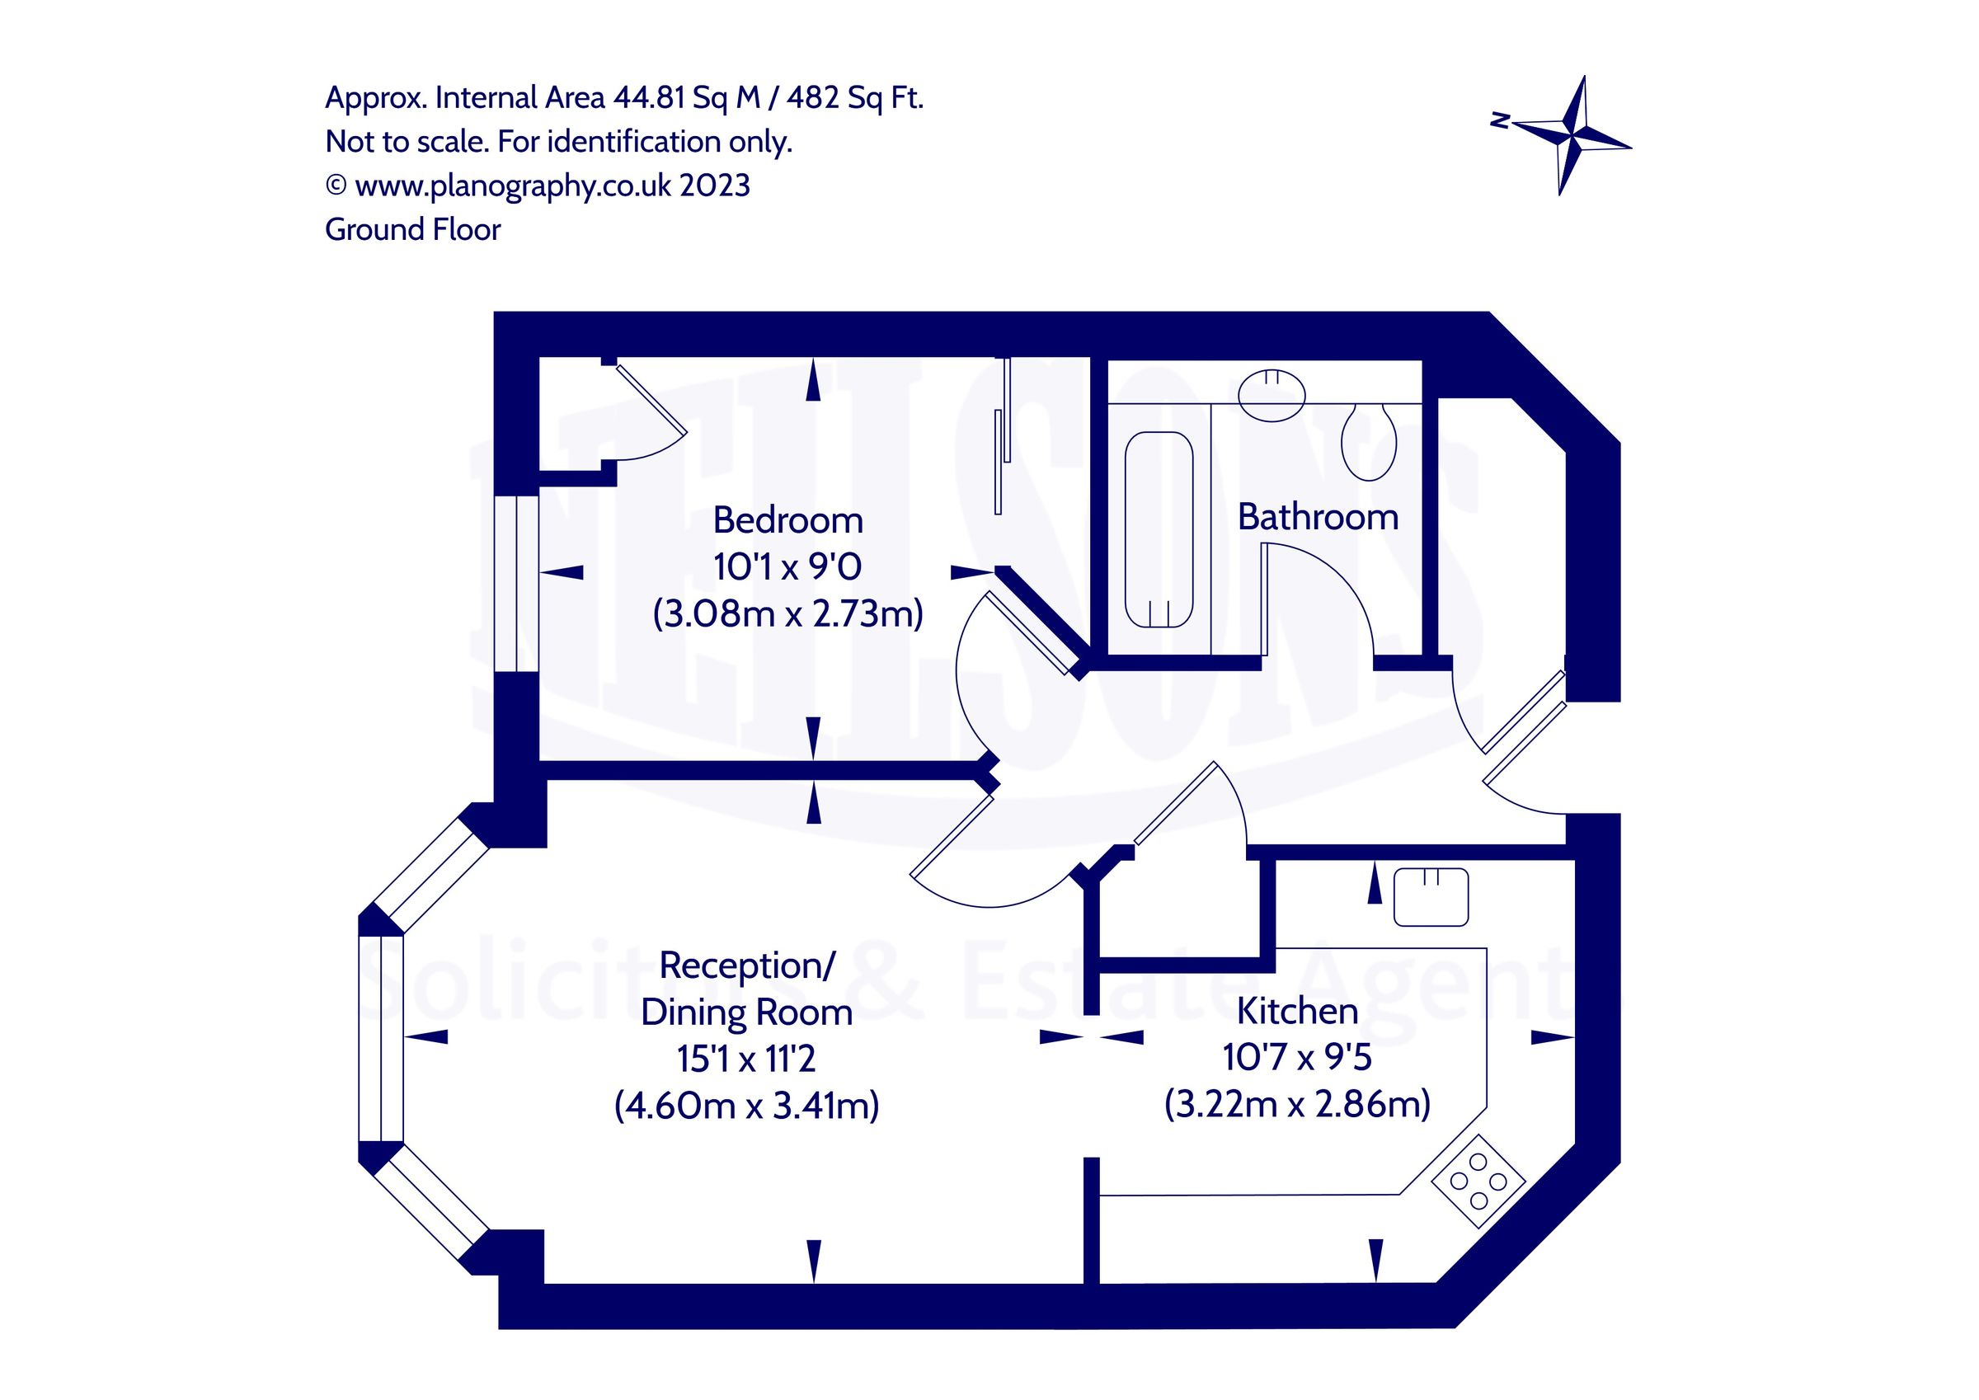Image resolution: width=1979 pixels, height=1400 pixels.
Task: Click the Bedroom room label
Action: coord(787,521)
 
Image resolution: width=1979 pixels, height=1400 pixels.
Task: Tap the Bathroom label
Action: coord(1317,517)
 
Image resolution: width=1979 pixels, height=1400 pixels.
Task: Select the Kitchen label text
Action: coord(1296,1011)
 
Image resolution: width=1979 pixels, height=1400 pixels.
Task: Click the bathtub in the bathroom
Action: coord(1159,529)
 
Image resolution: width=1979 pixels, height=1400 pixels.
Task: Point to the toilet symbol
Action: coord(1368,442)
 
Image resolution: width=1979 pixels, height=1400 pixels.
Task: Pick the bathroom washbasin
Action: coord(1272,396)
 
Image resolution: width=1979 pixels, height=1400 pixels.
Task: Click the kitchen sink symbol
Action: coord(1431,897)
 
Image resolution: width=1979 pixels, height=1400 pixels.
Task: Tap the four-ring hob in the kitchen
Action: coord(1478,1182)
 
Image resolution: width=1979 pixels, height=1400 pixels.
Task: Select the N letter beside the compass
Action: coord(1501,120)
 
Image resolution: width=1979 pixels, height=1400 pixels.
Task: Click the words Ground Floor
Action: coord(412,230)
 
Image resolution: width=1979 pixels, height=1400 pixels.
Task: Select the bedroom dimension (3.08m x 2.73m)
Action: coord(787,613)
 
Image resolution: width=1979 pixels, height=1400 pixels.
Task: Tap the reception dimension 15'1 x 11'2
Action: coord(745,1059)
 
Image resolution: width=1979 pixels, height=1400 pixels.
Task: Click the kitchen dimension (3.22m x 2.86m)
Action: coord(1296,1103)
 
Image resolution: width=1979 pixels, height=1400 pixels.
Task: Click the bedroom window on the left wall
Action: coord(516,583)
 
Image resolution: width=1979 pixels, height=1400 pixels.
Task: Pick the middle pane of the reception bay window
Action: coord(380,1038)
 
